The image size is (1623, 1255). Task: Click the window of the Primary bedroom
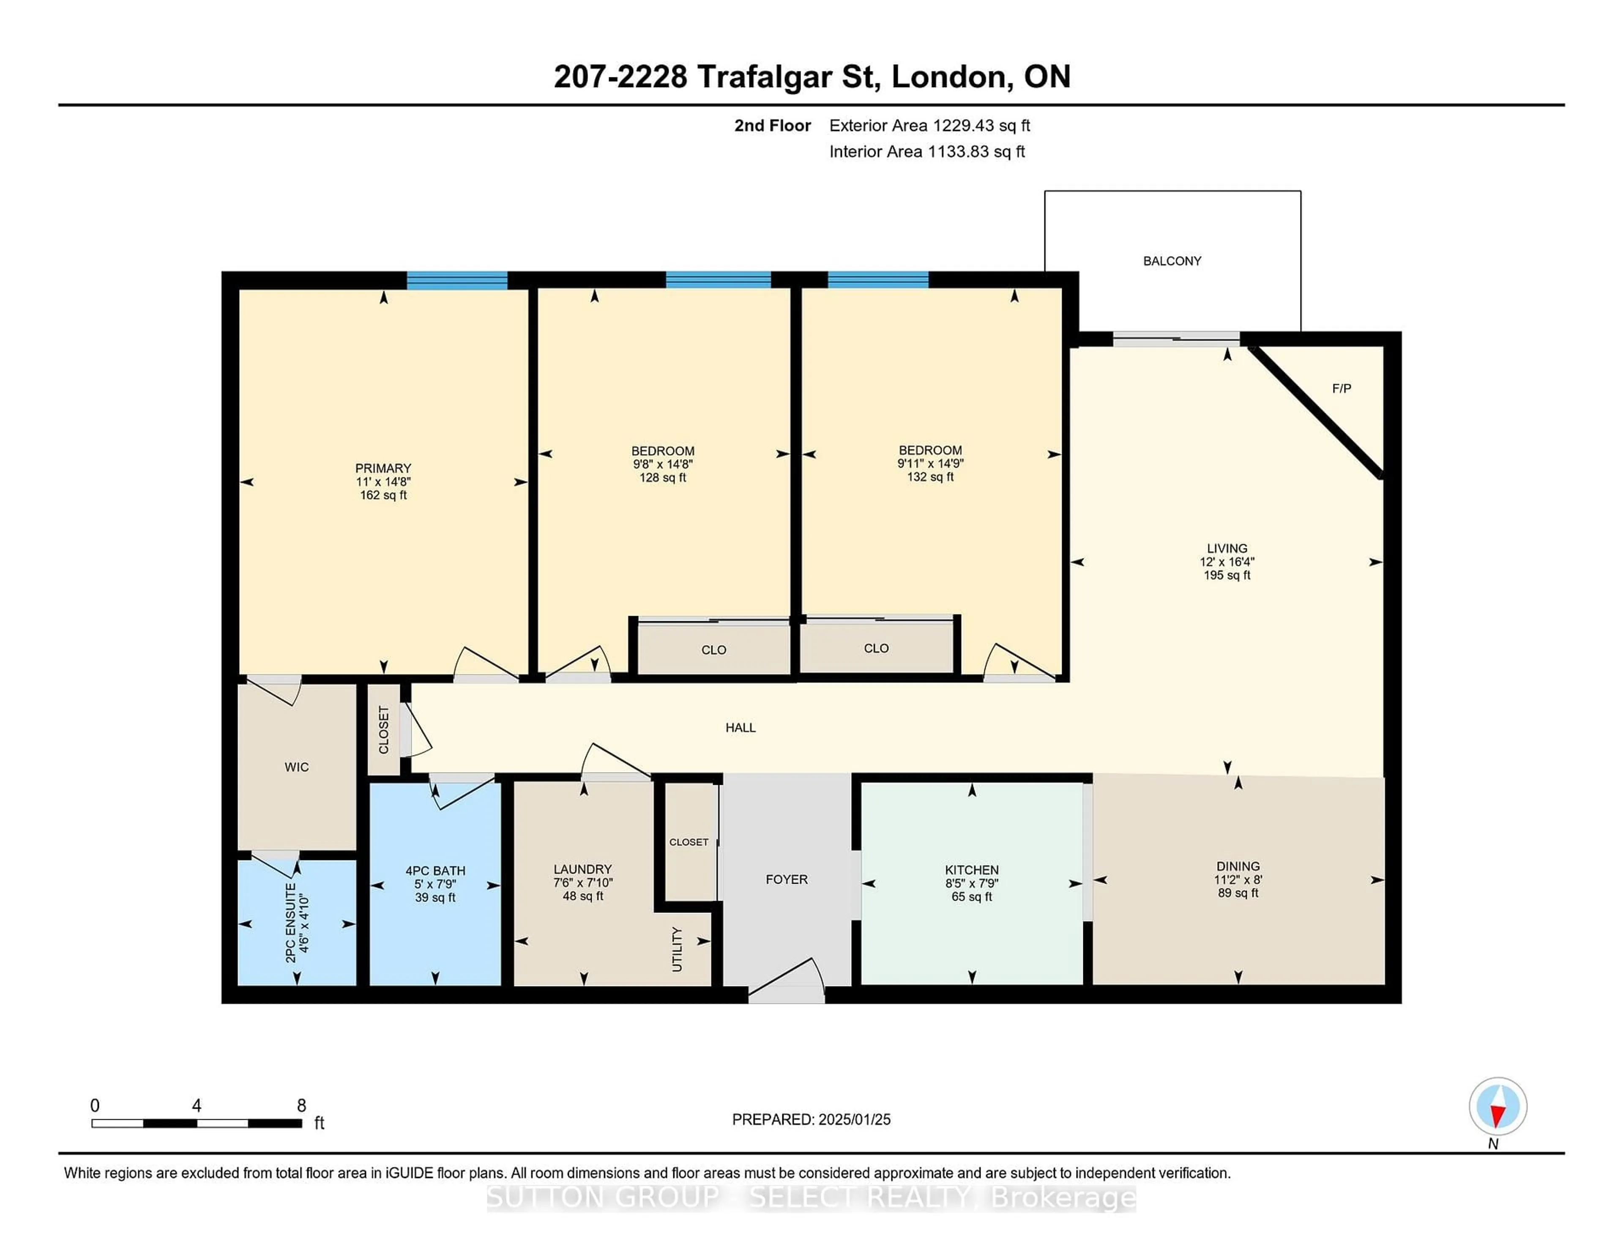tap(456, 280)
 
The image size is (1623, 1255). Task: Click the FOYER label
tap(786, 880)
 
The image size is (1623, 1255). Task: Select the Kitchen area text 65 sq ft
tap(971, 897)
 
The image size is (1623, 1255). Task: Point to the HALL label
tap(740, 728)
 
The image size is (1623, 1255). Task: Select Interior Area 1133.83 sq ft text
tap(927, 152)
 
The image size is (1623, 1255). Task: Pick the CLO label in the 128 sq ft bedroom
tap(713, 650)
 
